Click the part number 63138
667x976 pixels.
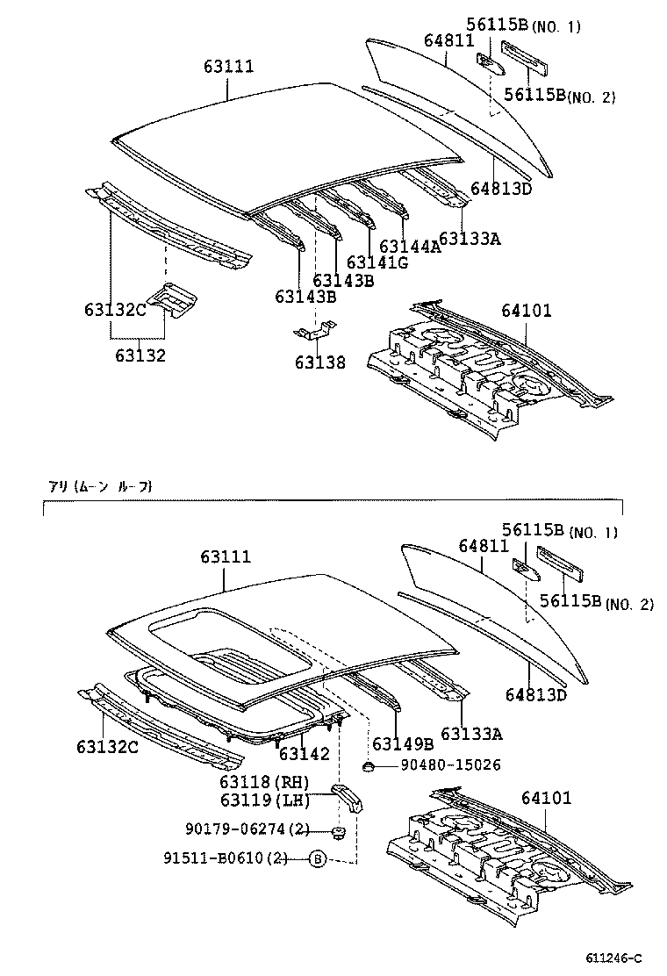coord(319,362)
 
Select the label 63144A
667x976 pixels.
coord(409,247)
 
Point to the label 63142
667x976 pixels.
coord(305,754)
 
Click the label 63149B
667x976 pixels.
coord(398,743)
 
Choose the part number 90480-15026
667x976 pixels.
coord(450,765)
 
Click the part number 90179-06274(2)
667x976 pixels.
coord(247,829)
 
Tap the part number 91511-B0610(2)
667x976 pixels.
coord(235,858)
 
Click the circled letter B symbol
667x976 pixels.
coord(317,858)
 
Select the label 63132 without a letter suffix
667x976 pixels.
coord(140,355)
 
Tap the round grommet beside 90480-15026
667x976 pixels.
coord(369,767)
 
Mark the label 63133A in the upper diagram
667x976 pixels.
coord(470,238)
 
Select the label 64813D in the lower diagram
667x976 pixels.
coord(535,695)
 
